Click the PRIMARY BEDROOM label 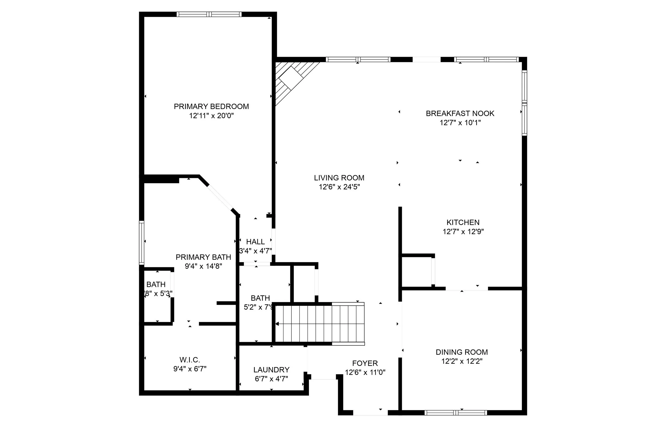pyautogui.click(x=211, y=106)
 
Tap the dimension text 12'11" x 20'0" pyautogui.click(x=211, y=116)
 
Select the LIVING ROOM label pyautogui.click(x=339, y=178)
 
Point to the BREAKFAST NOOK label pyautogui.click(x=460, y=113)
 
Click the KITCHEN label pyautogui.click(x=463, y=222)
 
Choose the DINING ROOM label pyautogui.click(x=462, y=352)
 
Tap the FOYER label pyautogui.click(x=365, y=363)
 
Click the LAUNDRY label pyautogui.click(x=271, y=370)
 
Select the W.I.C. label pyautogui.click(x=190, y=360)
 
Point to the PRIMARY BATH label pyautogui.click(x=203, y=257)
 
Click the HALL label pyautogui.click(x=255, y=242)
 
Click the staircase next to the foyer pyautogui.click(x=319, y=324)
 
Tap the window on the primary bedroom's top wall pyautogui.click(x=209, y=14)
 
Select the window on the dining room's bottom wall pyautogui.click(x=455, y=413)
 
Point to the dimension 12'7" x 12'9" pyautogui.click(x=463, y=232)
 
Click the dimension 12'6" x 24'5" pyautogui.click(x=339, y=187)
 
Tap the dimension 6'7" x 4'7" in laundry pyautogui.click(x=271, y=379)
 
